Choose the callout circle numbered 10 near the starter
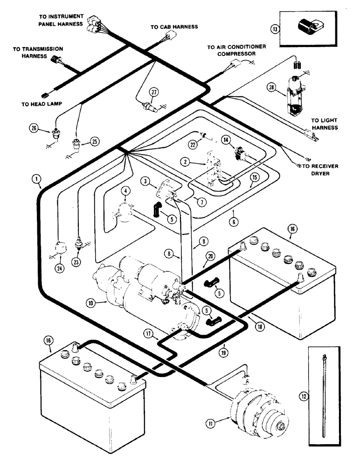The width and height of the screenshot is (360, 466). tap(90, 302)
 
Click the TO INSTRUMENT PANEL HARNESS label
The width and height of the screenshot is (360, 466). tap(61, 20)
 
